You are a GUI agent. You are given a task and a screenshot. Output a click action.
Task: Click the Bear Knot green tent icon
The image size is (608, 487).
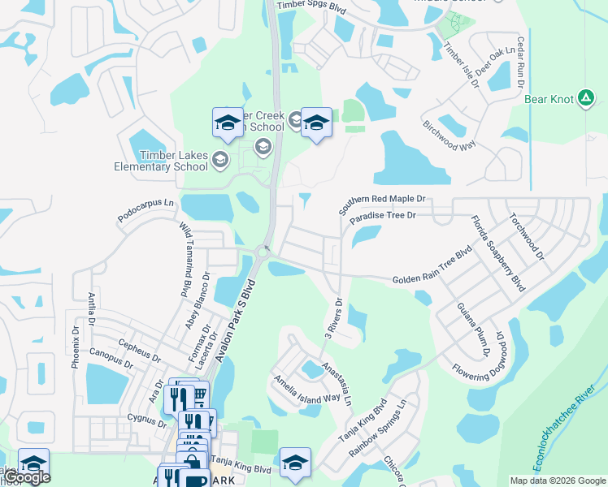pyautogui.click(x=585, y=99)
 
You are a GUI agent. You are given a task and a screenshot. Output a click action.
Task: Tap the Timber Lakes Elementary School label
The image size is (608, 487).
pyautogui.click(x=163, y=161)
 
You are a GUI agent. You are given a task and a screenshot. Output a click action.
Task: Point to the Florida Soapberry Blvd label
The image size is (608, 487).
pyautogui.click(x=496, y=253)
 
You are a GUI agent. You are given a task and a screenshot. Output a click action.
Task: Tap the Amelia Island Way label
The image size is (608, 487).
pyautogui.click(x=306, y=388)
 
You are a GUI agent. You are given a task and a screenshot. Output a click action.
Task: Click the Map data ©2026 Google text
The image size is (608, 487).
pyautogui.click(x=558, y=480)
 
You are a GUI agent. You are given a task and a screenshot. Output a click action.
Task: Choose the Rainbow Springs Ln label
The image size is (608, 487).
pyautogui.click(x=389, y=426)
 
